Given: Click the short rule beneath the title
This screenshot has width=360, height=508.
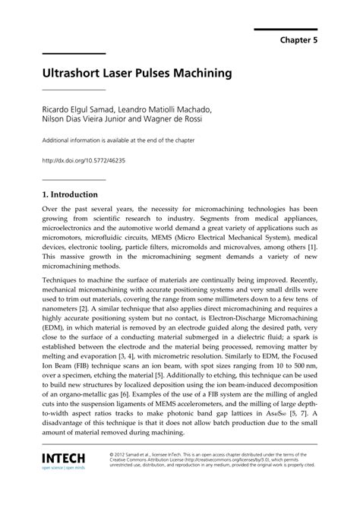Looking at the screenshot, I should [x=74, y=90].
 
